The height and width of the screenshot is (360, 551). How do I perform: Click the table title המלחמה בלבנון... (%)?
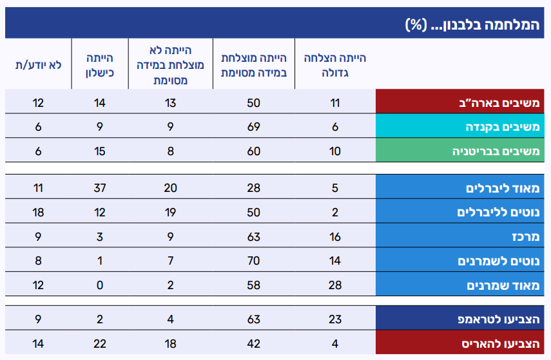tap(472, 24)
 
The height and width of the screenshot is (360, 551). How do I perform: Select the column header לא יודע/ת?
tap(38, 65)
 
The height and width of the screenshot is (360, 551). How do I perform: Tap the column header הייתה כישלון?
tap(100, 65)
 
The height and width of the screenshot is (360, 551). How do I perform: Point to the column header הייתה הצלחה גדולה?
tap(335, 65)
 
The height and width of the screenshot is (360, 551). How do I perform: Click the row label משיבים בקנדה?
tap(503, 126)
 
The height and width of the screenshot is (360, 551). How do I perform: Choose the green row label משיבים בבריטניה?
tap(496, 151)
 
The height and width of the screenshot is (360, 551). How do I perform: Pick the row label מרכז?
tap(526, 237)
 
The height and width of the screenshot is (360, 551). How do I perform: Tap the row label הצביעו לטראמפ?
tap(499, 319)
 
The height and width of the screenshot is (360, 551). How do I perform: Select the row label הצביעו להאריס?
tap(501, 343)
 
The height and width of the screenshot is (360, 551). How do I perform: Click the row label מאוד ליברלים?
tap(503, 188)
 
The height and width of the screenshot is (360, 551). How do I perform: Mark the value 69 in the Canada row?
tap(253, 127)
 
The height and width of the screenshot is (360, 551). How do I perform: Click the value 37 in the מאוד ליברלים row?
tap(100, 188)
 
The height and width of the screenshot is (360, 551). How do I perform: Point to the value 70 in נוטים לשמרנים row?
tap(253, 261)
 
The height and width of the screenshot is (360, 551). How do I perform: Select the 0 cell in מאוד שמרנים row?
tap(100, 285)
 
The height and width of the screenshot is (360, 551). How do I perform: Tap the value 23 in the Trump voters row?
tap(335, 319)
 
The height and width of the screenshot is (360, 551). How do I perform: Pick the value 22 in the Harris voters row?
tap(100, 343)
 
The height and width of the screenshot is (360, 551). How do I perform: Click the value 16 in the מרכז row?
tap(335, 237)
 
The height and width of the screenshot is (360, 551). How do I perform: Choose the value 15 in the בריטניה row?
tap(100, 151)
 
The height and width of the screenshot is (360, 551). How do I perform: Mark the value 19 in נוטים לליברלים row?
tap(170, 213)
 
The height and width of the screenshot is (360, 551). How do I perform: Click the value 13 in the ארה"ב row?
tap(170, 103)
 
